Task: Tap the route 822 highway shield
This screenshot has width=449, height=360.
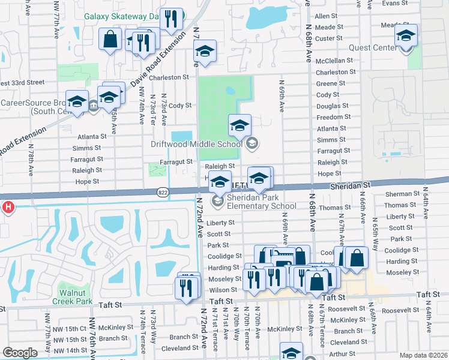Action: pyautogui.click(x=162, y=192)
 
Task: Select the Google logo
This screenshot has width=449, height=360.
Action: pyautogui.click(x=20, y=353)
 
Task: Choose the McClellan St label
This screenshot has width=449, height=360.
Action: pyautogui.click(x=333, y=61)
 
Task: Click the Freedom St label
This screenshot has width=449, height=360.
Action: pyautogui.click(x=333, y=117)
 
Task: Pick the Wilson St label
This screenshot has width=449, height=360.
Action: pyautogui.click(x=223, y=290)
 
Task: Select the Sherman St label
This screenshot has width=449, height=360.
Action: pyautogui.click(x=402, y=194)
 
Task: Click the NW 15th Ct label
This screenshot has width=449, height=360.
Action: pyautogui.click(x=70, y=329)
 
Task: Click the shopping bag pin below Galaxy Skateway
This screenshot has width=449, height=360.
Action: pyautogui.click(x=110, y=40)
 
